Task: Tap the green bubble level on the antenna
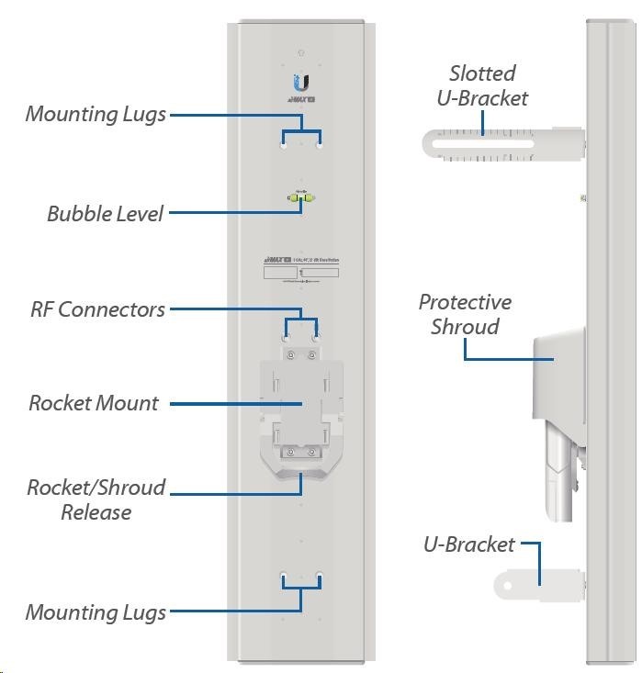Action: click(300, 196)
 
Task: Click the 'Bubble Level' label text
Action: click(105, 214)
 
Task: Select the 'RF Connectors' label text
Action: click(97, 309)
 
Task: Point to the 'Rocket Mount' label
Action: click(94, 403)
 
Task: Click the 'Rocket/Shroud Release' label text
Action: click(96, 499)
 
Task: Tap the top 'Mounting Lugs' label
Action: click(96, 115)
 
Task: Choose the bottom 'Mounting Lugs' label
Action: click(96, 612)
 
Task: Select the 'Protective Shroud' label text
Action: click(465, 314)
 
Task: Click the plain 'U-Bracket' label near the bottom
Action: click(468, 544)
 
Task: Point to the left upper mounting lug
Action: click(284, 144)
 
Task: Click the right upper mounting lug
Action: click(319, 144)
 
